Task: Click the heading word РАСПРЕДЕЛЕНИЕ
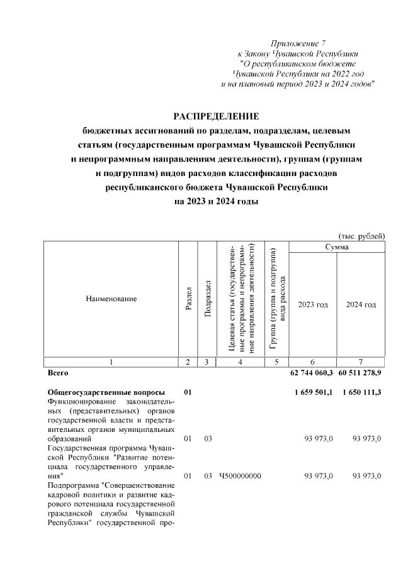point(216,116)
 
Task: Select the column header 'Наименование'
point(111,299)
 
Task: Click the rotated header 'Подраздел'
point(207,299)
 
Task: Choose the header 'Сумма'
point(337,247)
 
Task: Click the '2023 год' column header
point(313,304)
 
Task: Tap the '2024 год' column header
point(361,304)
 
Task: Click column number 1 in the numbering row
point(111,362)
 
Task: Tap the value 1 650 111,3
point(361,392)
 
